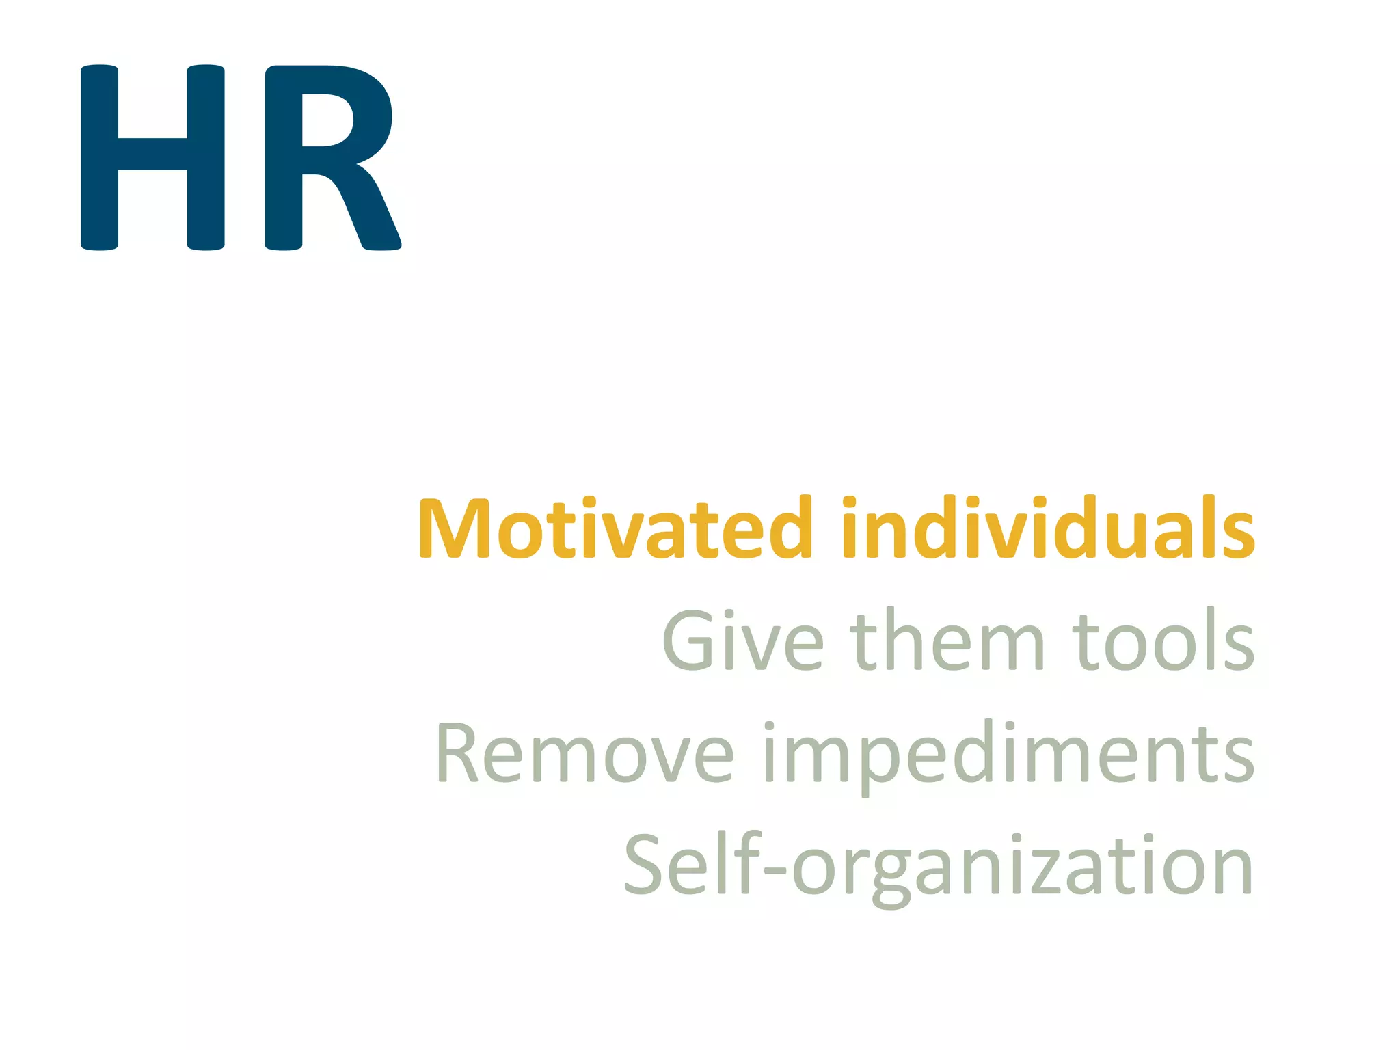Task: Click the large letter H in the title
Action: coord(152,157)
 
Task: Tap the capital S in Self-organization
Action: coord(646,865)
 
